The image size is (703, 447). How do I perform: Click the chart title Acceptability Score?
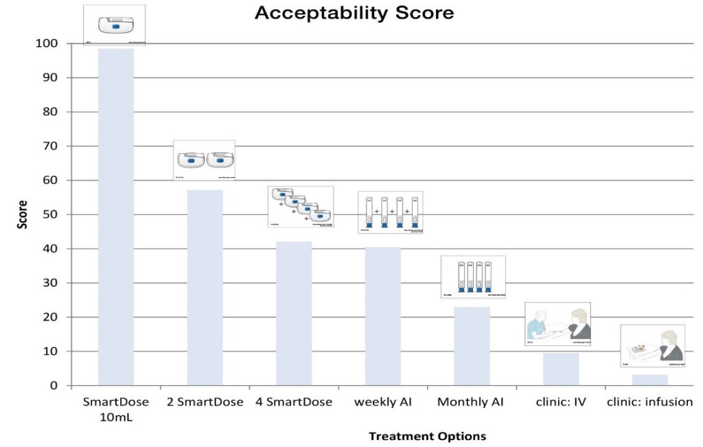pyautogui.click(x=354, y=13)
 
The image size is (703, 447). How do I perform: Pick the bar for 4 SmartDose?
pyautogui.click(x=294, y=313)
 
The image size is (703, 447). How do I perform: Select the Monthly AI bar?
pyautogui.click(x=472, y=345)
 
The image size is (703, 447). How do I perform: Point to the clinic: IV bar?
pyautogui.click(x=561, y=369)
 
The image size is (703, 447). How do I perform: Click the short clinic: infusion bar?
pyautogui.click(x=649, y=380)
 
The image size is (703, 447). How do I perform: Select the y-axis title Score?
pyautogui.click(x=23, y=214)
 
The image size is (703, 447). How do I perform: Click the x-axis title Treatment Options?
pyautogui.click(x=427, y=436)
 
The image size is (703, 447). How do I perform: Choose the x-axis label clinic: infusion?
pyautogui.click(x=649, y=402)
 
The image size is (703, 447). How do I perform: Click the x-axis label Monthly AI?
pyautogui.click(x=471, y=402)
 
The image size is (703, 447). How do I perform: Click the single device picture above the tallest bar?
pyautogui.click(x=114, y=25)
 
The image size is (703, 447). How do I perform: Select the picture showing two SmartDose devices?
pyautogui.click(x=204, y=160)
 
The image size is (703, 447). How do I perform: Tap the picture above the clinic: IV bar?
pyautogui.click(x=557, y=323)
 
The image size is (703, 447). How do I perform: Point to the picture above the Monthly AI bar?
pyautogui.click(x=473, y=277)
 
